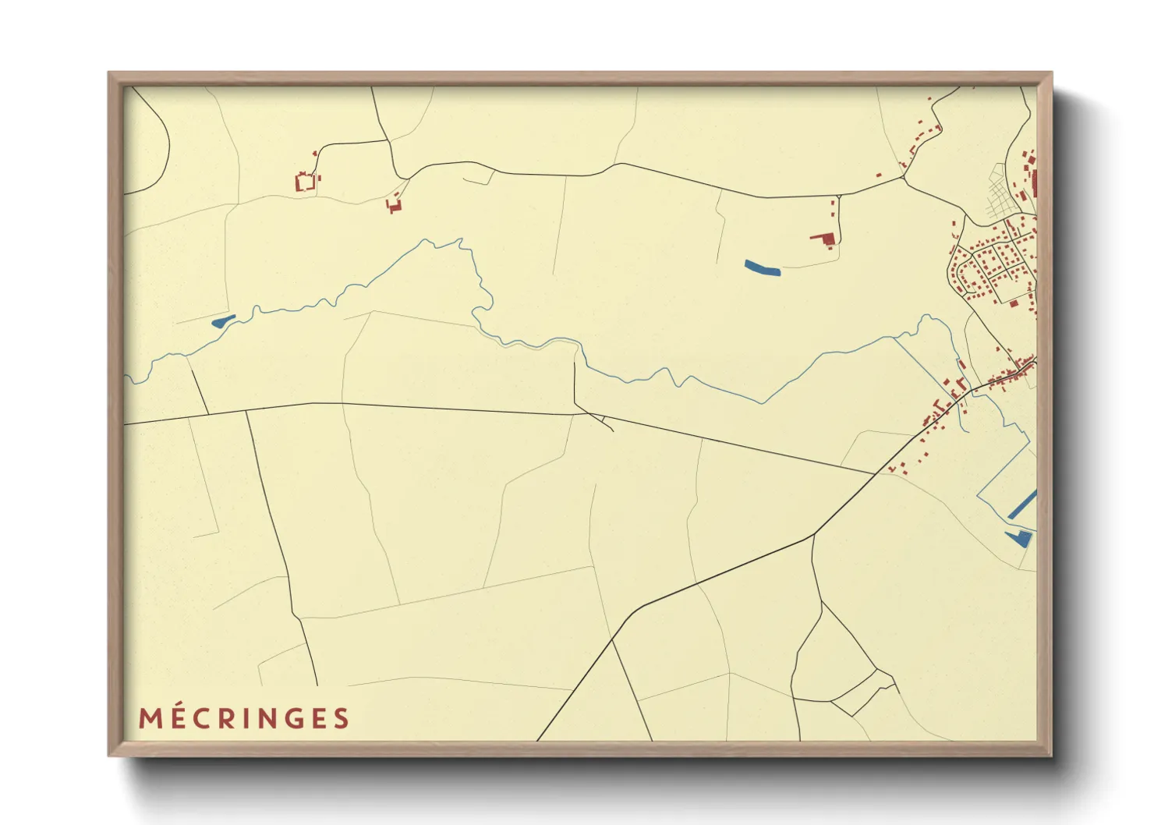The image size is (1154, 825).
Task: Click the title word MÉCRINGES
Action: (244, 718)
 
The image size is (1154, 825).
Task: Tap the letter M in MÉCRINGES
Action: (150, 718)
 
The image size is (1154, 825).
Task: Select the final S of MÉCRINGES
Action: (342, 719)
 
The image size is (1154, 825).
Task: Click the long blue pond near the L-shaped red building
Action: (762, 268)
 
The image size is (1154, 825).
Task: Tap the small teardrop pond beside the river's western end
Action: (222, 320)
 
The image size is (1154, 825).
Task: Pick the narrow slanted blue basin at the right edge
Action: (1021, 505)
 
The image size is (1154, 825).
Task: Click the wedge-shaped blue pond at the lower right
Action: (1021, 537)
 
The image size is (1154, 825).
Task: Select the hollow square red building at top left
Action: (306, 182)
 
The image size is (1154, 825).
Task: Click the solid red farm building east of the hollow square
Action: (394, 205)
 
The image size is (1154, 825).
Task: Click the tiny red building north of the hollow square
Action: (315, 154)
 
